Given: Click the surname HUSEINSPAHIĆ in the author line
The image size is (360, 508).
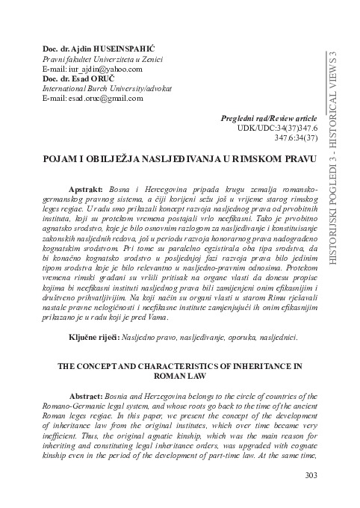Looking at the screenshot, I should pos(124,48).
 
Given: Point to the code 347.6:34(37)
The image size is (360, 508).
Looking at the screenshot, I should pos(297,138).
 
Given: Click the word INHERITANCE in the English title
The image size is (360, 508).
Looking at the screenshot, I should pos(247,365).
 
